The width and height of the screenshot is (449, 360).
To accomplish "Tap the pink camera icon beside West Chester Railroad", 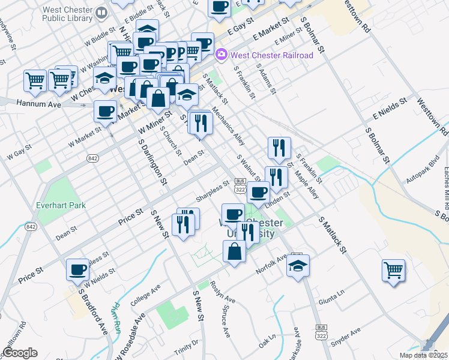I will tap(221, 55).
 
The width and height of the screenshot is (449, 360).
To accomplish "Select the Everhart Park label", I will tap(61, 205).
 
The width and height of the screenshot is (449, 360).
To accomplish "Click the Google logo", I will tap(20, 353).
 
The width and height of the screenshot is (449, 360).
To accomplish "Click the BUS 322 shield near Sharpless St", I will tap(240, 185).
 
